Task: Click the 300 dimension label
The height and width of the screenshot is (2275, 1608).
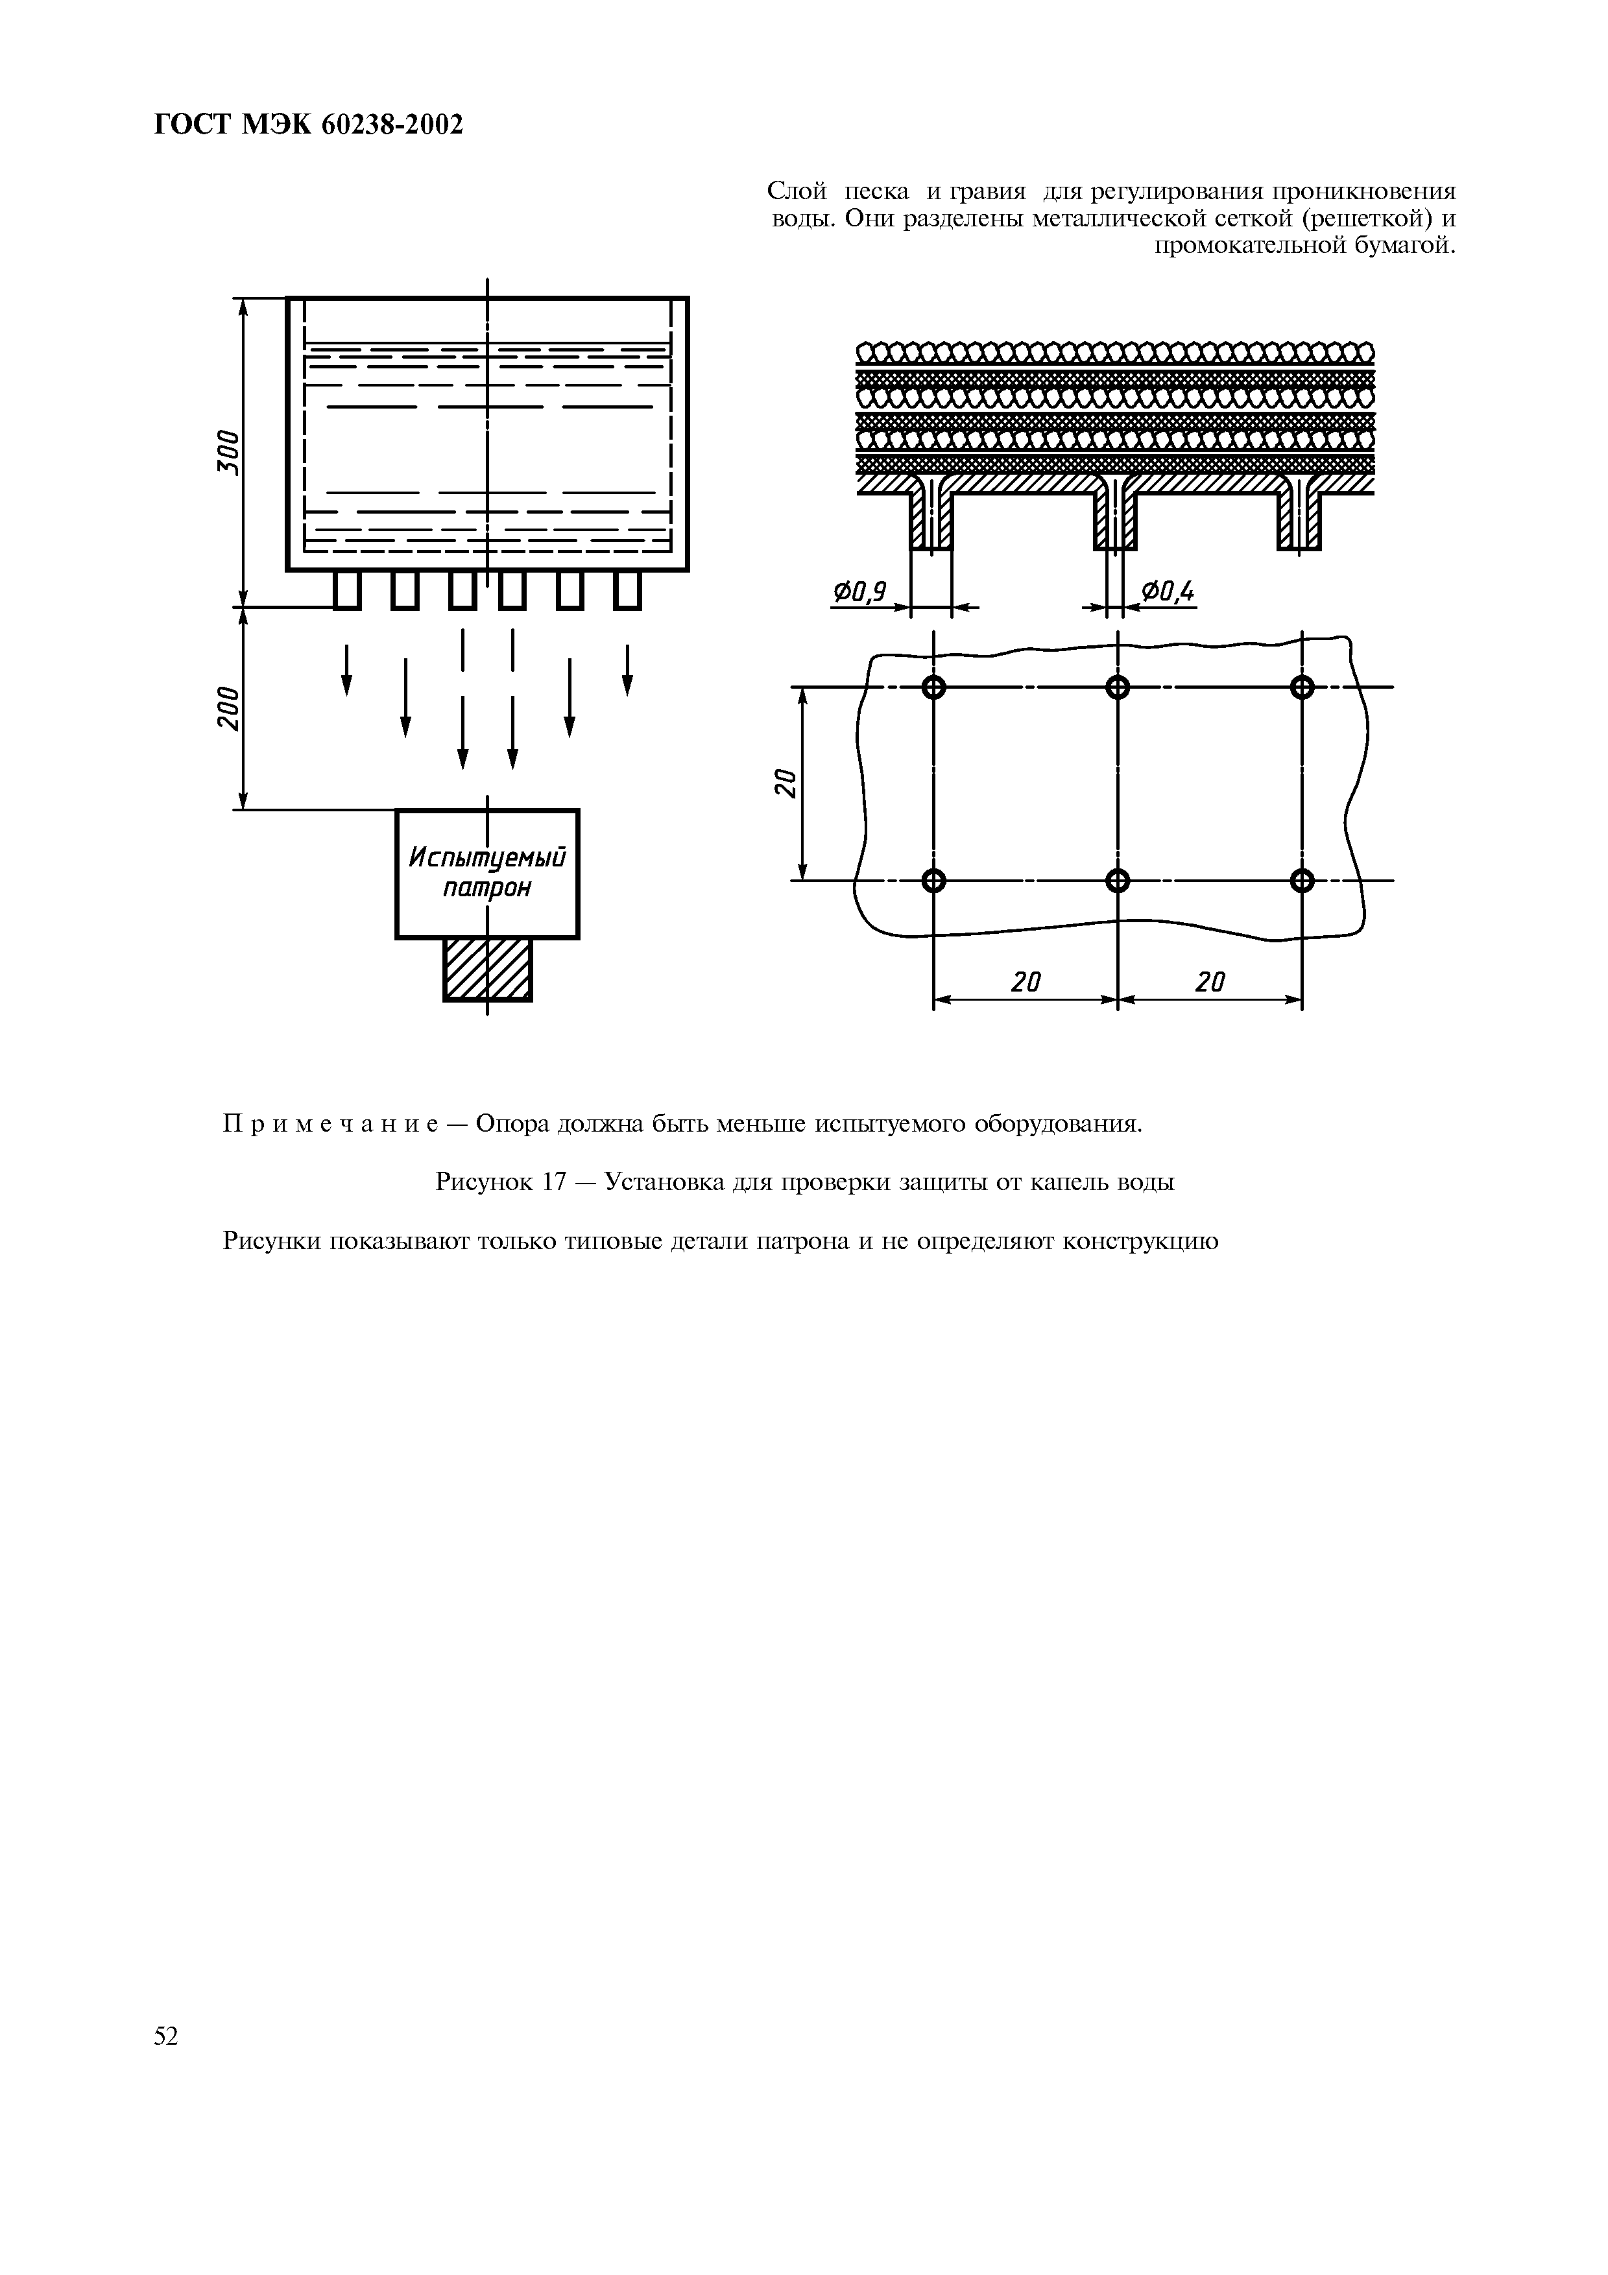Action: click(x=228, y=452)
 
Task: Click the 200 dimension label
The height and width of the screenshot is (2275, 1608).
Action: click(x=228, y=708)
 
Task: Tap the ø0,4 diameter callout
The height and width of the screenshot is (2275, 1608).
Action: click(x=1168, y=593)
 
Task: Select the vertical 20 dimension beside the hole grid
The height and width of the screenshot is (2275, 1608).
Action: click(x=785, y=783)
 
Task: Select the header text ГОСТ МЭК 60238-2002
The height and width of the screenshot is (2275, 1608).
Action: click(x=309, y=125)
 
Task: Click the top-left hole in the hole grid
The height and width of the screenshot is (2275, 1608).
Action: click(x=933, y=687)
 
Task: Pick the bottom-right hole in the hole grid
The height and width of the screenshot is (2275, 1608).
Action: click(x=1302, y=880)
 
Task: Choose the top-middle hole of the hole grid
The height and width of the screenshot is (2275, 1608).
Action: click(x=1118, y=687)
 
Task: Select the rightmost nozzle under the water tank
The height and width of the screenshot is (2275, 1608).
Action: click(x=627, y=591)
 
